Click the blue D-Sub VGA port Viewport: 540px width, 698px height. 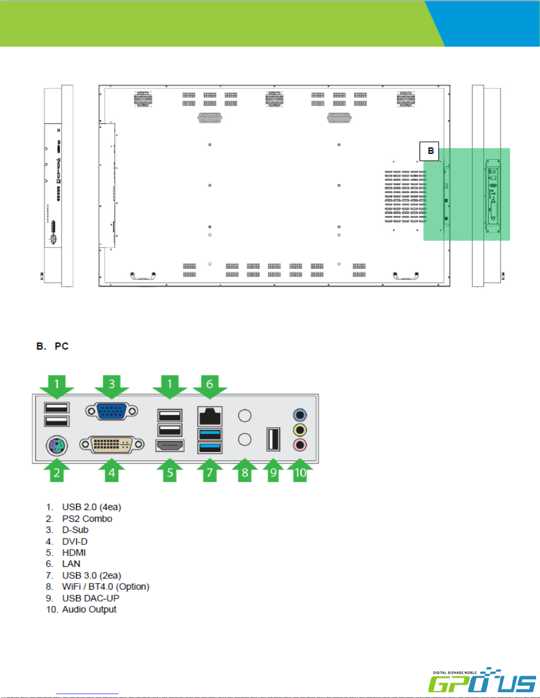pos(112,411)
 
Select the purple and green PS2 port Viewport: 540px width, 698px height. pos(57,446)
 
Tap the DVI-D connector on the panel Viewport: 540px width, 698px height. pos(112,444)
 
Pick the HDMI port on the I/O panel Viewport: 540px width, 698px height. pos(170,446)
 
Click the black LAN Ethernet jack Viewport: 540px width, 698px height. pos(210,416)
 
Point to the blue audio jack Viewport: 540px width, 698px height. pos(300,415)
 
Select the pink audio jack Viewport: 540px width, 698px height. pos(300,445)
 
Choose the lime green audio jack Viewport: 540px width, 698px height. pos(300,430)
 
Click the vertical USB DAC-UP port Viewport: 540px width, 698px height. pos(273,439)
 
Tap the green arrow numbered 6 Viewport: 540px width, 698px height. pos(210,386)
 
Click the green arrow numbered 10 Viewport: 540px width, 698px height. pos(300,470)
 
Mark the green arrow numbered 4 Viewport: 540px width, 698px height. pos(112,470)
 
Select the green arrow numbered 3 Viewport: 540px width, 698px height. pos(112,386)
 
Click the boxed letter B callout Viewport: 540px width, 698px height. pos(429,151)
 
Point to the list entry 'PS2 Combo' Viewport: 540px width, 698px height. pos(87,519)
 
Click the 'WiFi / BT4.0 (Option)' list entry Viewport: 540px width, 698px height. pos(106,587)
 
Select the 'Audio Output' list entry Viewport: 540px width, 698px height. pos(89,609)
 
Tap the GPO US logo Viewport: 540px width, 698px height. pos(482,680)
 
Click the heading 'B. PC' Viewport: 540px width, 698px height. pos(52,346)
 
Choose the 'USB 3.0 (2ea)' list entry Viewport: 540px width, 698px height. pos(92,575)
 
